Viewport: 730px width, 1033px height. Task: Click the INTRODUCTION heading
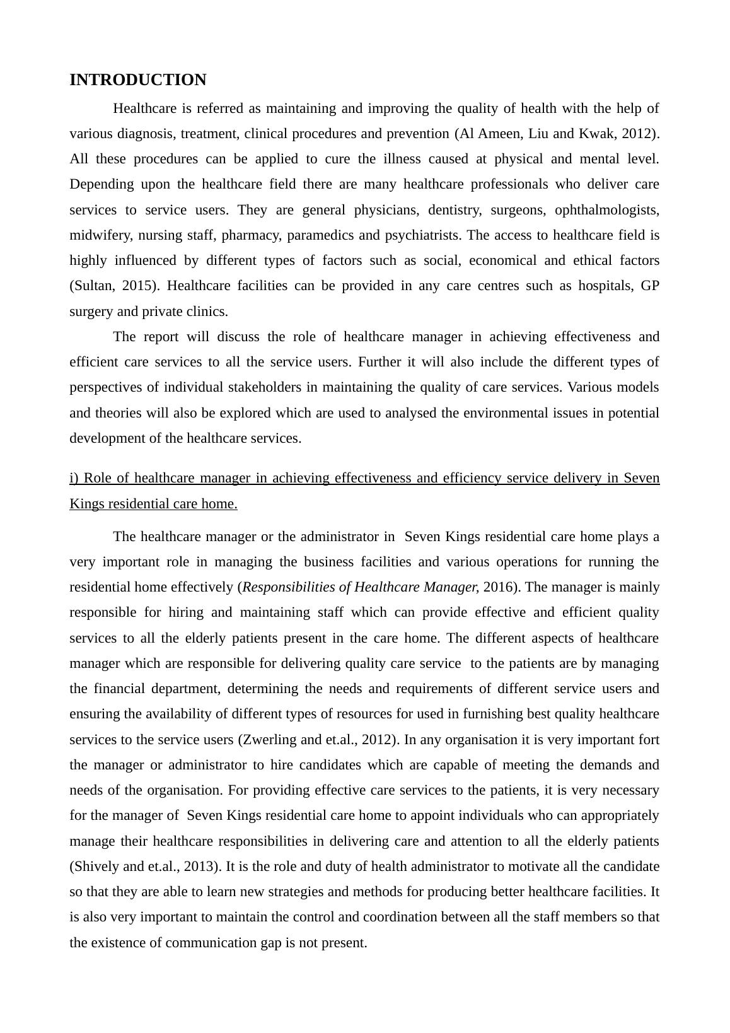(137, 80)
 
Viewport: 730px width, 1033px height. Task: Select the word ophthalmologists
(606, 210)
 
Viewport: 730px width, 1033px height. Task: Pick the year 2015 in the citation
(139, 286)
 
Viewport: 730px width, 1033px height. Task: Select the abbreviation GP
(649, 286)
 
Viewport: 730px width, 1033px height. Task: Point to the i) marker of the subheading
(74, 478)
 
